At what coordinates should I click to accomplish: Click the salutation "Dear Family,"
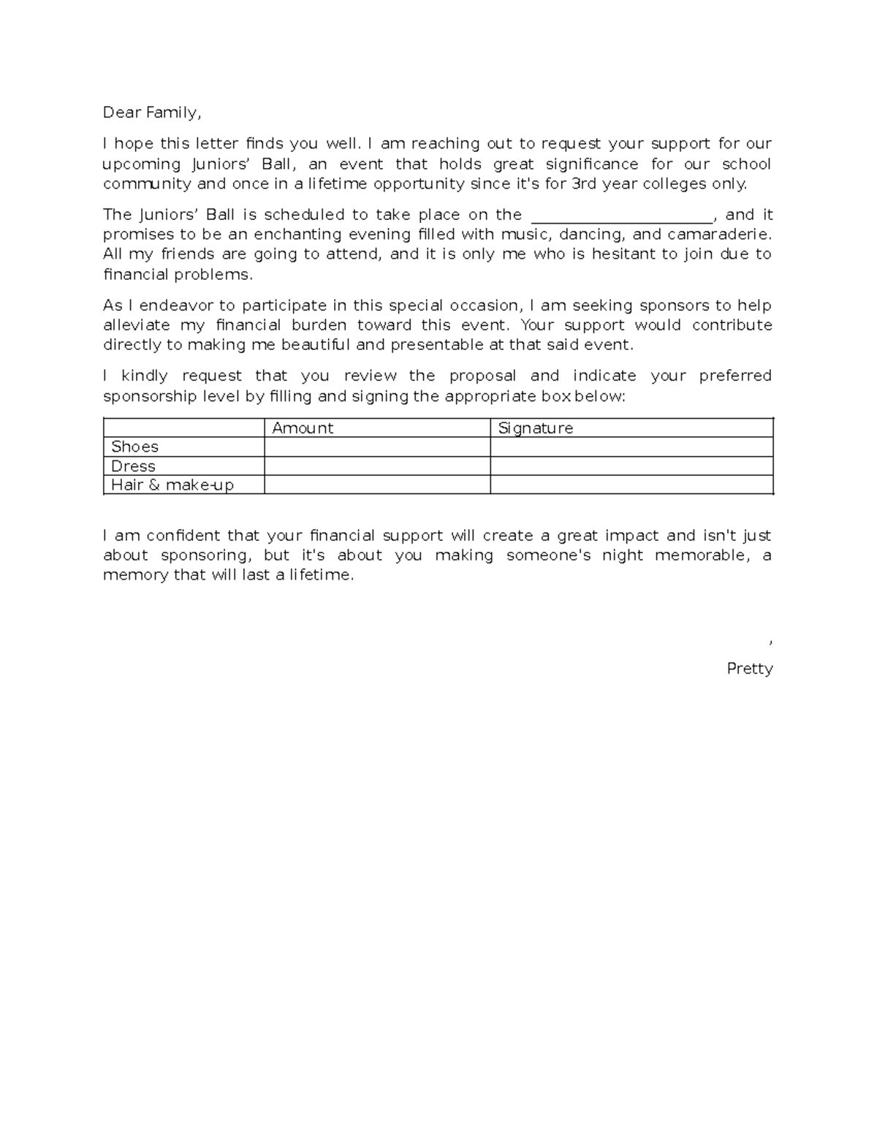(x=151, y=113)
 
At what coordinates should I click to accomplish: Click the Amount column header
(x=303, y=428)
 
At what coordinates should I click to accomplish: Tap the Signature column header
(x=535, y=428)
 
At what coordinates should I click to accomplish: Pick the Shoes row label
(x=134, y=447)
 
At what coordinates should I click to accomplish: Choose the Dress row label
(x=133, y=466)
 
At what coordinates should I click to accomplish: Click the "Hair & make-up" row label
(x=172, y=485)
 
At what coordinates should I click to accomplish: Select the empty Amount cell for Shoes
(x=376, y=447)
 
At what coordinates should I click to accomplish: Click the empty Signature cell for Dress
(x=631, y=466)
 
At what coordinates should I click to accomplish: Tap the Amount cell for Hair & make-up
(x=376, y=485)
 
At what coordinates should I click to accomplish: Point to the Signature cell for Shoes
(x=631, y=447)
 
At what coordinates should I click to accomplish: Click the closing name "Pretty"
(x=749, y=669)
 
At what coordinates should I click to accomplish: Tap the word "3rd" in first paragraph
(x=583, y=184)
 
